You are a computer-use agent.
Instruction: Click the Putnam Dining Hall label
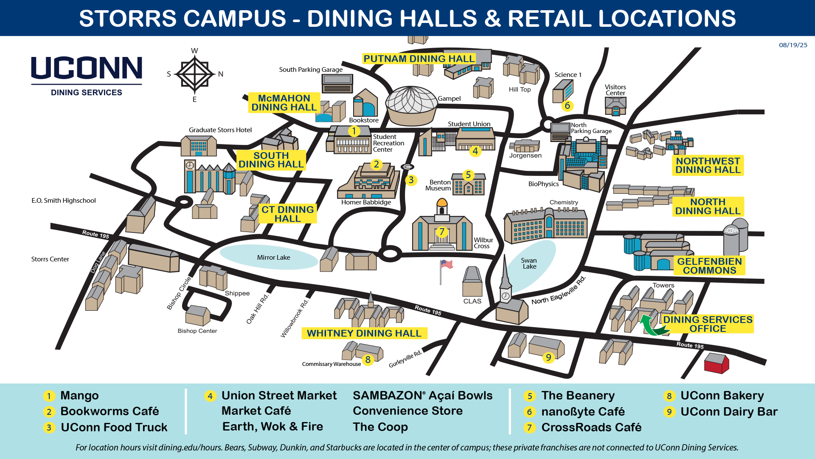[419, 59]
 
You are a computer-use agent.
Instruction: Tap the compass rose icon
[194, 74]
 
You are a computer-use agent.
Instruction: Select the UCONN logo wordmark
[87, 68]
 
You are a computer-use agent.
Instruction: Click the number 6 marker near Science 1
[567, 105]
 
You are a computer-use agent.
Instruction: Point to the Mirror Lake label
[273, 258]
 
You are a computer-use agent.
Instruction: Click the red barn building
[716, 363]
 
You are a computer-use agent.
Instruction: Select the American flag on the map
[446, 265]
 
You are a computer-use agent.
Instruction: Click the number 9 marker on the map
[548, 357]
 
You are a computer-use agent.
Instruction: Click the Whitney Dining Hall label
[364, 333]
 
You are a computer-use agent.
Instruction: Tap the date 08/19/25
[793, 45]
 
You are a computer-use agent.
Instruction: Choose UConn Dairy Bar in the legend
[729, 411]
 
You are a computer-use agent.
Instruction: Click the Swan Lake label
[529, 263]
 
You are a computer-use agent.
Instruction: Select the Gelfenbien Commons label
[709, 266]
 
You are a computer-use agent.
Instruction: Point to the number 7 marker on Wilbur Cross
[442, 232]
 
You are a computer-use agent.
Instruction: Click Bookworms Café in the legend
[110, 411]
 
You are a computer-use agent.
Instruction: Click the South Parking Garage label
[311, 70]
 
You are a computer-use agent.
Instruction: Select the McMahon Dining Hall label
[284, 102]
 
